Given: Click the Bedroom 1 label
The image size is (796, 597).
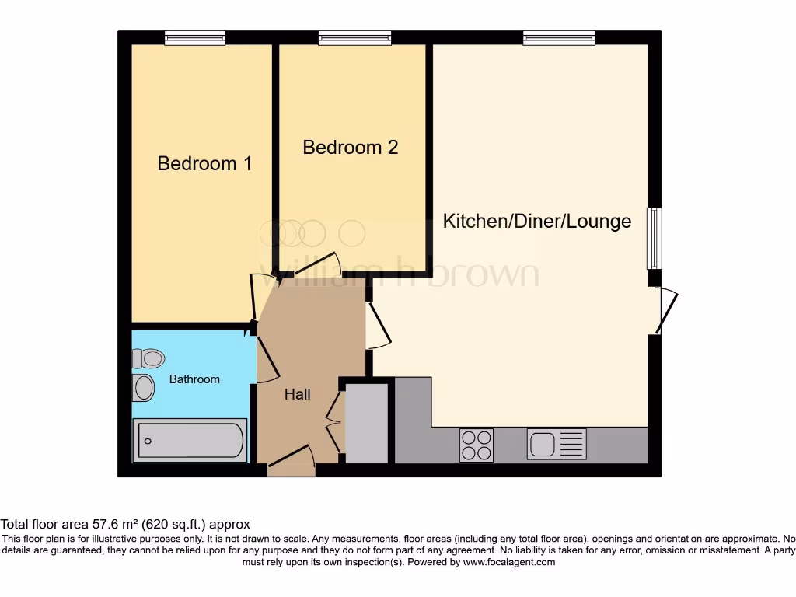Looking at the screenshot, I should [204, 163].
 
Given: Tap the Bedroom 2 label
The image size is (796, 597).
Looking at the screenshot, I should [350, 147].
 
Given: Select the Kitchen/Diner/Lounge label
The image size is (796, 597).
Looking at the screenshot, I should [536, 222].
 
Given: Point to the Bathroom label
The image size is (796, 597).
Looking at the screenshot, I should [194, 379].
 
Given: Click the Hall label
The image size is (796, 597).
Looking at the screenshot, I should [297, 395].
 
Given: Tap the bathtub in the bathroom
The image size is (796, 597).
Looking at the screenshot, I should [190, 440].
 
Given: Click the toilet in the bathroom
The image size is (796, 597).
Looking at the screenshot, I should [148, 358].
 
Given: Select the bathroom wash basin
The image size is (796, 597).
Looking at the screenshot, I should [143, 388].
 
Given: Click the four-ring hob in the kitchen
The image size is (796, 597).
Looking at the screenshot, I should [476, 445].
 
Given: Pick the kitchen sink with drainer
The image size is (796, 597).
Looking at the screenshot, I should [557, 445].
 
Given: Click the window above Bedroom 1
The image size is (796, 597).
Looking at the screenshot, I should [194, 37].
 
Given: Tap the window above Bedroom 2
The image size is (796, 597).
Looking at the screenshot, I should [354, 37].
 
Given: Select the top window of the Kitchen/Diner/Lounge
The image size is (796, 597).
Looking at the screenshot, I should [559, 37].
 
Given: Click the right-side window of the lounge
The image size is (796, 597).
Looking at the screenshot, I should [655, 238].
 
